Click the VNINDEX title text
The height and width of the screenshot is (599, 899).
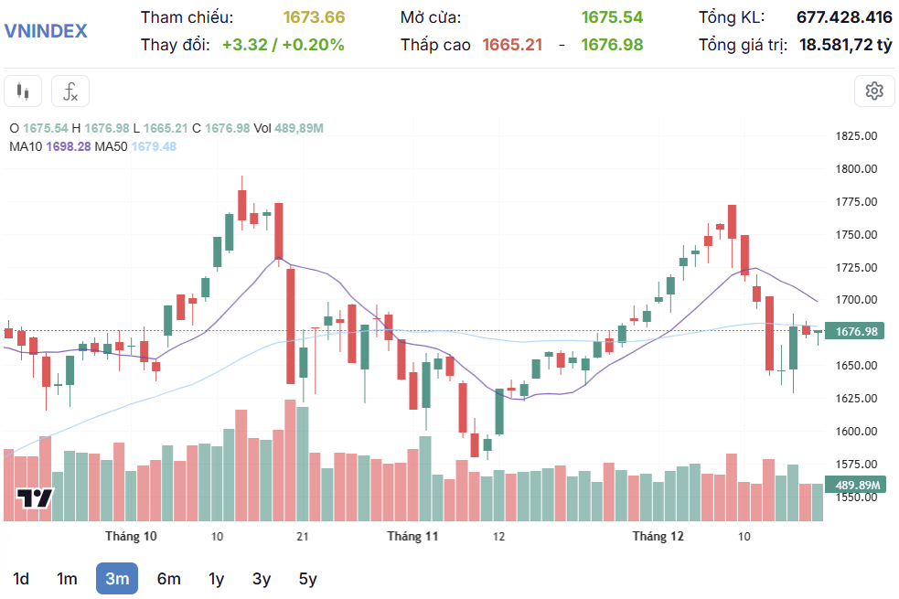(x=46, y=30)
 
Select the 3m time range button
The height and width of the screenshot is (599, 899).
(x=117, y=578)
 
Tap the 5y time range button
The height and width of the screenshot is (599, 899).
(x=307, y=578)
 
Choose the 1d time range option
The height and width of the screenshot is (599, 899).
(x=20, y=578)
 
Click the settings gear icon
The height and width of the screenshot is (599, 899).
(x=874, y=91)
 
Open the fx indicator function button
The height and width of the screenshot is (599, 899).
(x=70, y=91)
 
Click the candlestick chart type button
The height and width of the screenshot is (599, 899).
(x=24, y=91)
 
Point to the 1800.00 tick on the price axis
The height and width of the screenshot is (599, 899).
(x=856, y=169)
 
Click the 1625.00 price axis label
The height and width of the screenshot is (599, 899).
(x=856, y=399)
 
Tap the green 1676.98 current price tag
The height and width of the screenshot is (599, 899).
(x=856, y=331)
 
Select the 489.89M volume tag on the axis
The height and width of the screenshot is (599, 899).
(x=856, y=486)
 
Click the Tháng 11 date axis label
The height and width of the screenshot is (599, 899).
(x=413, y=536)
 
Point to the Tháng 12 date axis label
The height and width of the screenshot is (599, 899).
(x=658, y=536)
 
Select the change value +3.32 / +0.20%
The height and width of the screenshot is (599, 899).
(x=283, y=44)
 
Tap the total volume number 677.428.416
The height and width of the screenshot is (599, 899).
(x=844, y=17)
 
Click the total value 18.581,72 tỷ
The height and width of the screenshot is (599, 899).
(x=845, y=44)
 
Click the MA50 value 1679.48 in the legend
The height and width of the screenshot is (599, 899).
(x=154, y=146)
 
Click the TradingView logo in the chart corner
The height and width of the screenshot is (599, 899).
(x=35, y=498)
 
